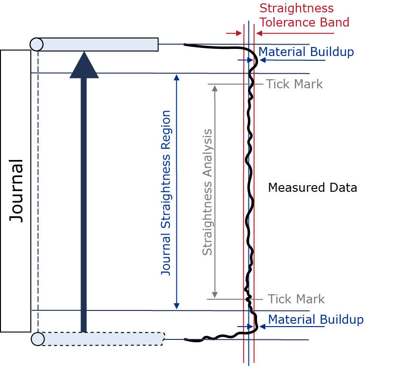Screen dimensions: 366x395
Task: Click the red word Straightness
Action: (x=296, y=9)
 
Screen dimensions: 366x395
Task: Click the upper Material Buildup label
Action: (x=306, y=52)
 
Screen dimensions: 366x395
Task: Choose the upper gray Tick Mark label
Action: (x=294, y=84)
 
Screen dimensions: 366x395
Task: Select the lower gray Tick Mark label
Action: (x=296, y=299)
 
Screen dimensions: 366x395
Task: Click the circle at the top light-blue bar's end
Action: (x=37, y=45)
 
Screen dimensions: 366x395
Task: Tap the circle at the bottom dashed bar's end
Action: (x=38, y=339)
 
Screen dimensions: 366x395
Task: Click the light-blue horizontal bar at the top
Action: (x=100, y=45)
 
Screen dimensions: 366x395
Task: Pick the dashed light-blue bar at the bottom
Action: (x=102, y=339)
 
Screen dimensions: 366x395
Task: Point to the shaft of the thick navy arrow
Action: (x=84, y=209)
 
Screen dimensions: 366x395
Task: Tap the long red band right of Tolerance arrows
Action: (x=327, y=38)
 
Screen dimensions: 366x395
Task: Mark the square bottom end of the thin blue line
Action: (x=176, y=307)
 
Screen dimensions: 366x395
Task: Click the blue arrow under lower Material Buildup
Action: (x=247, y=328)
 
